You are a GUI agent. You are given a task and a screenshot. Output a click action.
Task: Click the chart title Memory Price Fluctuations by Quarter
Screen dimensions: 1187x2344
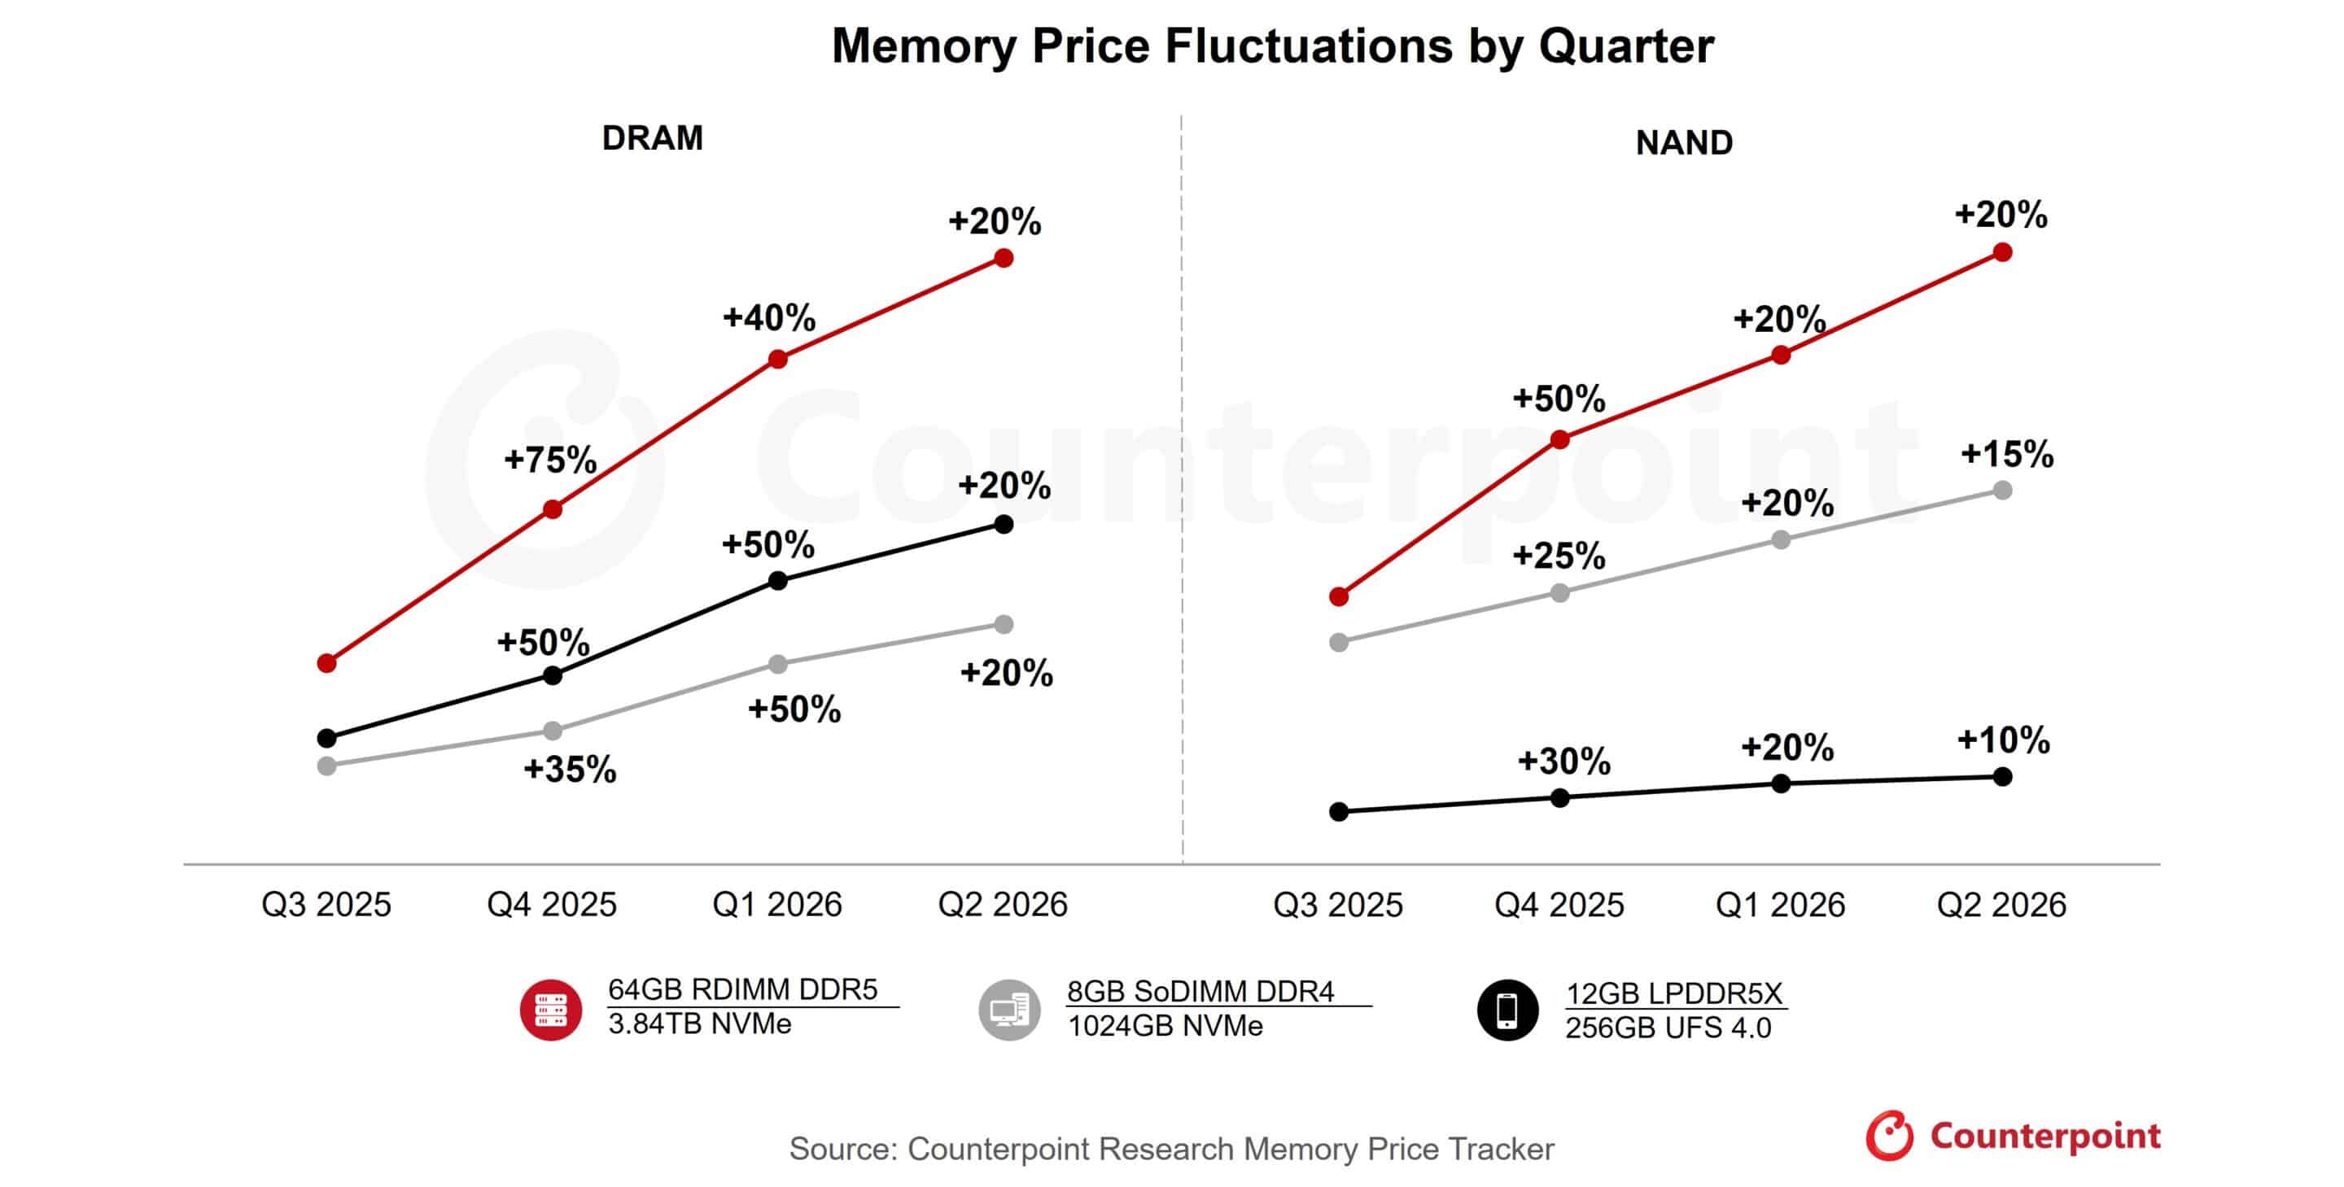click(x=1272, y=46)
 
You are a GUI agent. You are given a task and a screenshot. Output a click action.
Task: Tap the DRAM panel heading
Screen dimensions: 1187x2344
click(x=653, y=138)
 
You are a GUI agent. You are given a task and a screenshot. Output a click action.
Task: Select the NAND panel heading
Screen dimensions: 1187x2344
click(x=1683, y=143)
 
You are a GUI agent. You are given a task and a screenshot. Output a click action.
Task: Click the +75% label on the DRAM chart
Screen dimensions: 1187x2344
click(x=549, y=460)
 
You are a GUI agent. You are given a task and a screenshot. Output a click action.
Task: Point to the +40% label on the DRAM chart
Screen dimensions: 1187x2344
click(x=769, y=317)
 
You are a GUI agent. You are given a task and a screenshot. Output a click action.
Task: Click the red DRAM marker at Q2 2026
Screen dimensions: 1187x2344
click(x=1004, y=259)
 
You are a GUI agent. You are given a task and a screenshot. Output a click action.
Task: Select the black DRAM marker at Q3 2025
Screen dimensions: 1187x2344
click(x=326, y=738)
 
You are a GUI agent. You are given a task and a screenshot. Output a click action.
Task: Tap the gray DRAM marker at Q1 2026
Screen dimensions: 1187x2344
click(x=778, y=664)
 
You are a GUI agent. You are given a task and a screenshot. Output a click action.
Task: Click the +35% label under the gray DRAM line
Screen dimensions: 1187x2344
click(x=570, y=770)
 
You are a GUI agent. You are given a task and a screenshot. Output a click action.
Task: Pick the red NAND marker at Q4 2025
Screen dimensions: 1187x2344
click(x=1559, y=440)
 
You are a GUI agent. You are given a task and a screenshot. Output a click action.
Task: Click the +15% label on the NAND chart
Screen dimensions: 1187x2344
click(x=2006, y=454)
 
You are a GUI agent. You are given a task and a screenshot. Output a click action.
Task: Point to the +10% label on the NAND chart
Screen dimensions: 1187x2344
click(x=2003, y=740)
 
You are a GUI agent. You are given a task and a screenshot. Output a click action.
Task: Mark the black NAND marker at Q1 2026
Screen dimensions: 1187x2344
click(x=1781, y=783)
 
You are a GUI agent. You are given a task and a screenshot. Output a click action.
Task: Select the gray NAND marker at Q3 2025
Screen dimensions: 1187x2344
click(x=1339, y=642)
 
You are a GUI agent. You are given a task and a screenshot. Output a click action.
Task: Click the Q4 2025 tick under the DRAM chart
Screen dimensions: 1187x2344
click(x=552, y=904)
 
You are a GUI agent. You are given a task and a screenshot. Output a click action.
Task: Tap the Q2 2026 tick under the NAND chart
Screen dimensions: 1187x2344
click(x=2001, y=904)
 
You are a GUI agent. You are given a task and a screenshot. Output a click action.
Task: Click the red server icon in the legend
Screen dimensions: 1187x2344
click(x=550, y=1010)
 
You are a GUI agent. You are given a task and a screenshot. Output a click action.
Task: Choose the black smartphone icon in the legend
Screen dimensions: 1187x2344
click(x=1507, y=1010)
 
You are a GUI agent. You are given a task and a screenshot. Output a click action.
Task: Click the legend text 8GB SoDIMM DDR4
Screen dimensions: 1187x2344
click(x=1200, y=991)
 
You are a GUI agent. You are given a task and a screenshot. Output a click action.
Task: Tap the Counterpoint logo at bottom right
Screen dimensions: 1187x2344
click(x=2013, y=1135)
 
